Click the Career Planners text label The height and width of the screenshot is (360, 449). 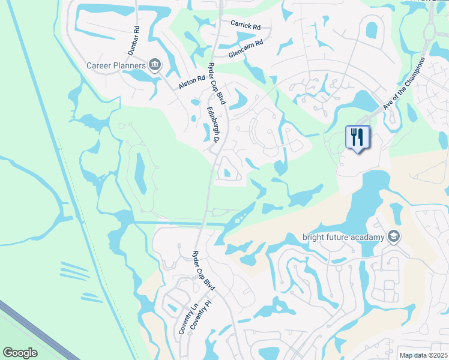click(x=116, y=65)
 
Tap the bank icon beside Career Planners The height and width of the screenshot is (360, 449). click(x=155, y=65)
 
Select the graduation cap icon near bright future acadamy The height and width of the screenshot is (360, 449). click(x=394, y=236)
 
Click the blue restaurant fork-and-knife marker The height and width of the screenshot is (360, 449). click(x=358, y=137)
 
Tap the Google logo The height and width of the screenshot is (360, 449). click(x=20, y=352)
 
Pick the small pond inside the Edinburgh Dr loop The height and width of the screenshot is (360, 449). click(x=227, y=173)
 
